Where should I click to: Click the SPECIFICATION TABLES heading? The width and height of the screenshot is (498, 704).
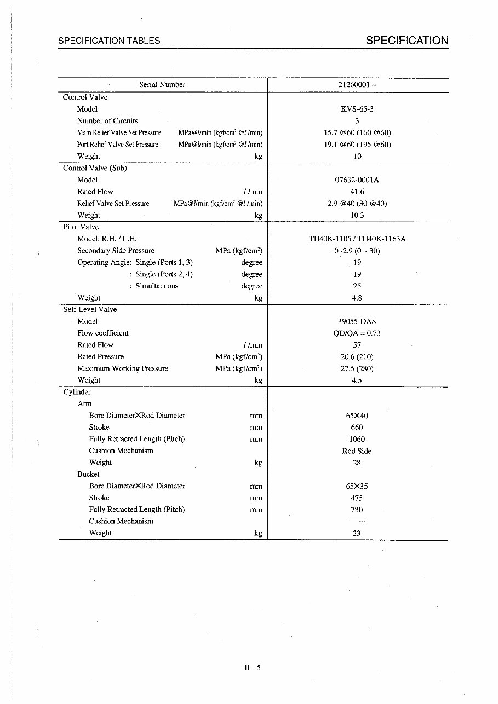point(109,41)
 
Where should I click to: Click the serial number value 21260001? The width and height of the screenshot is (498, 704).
point(357,85)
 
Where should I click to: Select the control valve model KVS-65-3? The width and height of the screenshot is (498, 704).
point(357,109)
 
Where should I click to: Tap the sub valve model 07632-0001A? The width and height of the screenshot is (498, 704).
point(357,180)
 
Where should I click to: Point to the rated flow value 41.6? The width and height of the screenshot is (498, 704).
point(357,192)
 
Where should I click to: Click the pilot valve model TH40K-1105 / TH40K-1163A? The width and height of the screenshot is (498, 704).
point(357,239)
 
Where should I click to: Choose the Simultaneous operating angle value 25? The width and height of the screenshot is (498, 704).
point(357,286)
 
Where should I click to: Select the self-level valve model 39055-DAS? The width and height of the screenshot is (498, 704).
point(357,321)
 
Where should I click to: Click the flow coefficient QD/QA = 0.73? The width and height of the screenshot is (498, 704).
point(357,333)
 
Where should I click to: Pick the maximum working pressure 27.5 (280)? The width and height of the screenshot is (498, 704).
point(357,368)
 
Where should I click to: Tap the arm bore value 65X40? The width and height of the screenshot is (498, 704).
point(357,416)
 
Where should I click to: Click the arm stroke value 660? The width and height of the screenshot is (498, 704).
point(357,428)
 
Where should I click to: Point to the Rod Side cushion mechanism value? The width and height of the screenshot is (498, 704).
point(357,451)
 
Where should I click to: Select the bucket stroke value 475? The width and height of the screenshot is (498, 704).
point(357,498)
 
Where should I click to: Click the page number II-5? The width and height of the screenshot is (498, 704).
point(253,667)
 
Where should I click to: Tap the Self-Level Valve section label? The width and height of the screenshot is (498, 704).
point(90,309)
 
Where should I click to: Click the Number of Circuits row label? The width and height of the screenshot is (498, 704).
point(107,120)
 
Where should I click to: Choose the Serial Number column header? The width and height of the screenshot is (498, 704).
point(162,85)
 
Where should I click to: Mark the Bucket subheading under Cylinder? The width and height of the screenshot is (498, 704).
point(88,474)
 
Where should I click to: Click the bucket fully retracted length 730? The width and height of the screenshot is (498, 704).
point(357,510)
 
